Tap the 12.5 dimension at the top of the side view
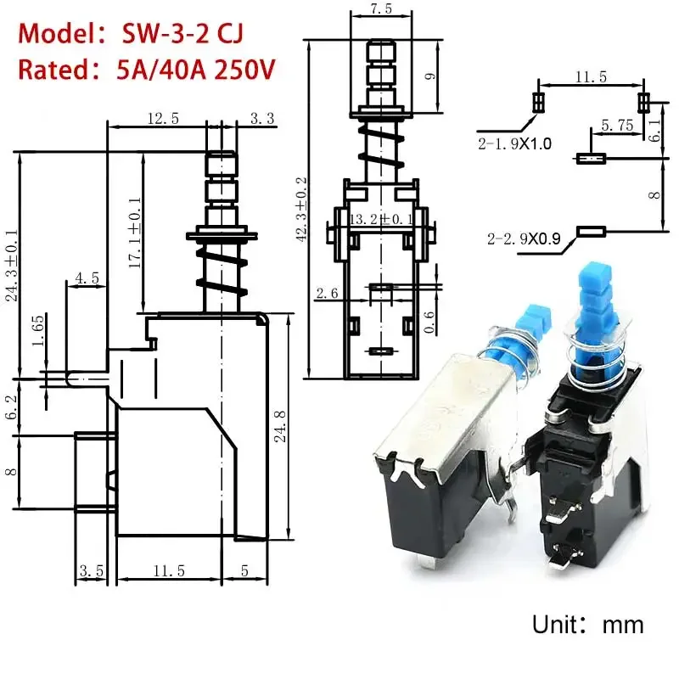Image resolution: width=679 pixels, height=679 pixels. [162, 119]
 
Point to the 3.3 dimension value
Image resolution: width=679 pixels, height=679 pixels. [261, 119]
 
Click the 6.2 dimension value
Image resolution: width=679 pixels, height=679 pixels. [10, 405]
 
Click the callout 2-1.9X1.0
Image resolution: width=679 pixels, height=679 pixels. [513, 144]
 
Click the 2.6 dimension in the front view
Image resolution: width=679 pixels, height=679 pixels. [327, 293]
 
